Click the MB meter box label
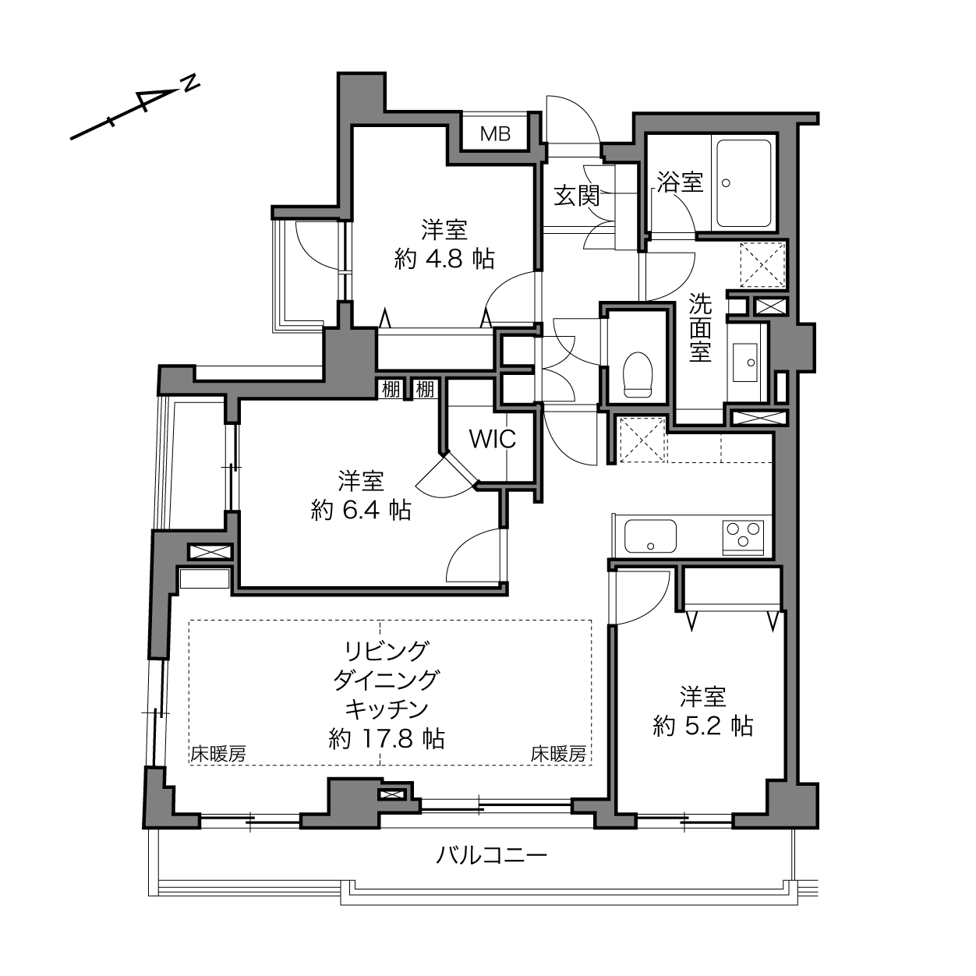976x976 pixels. (x=495, y=134)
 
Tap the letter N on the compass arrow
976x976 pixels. (x=190, y=83)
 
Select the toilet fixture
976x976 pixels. (x=637, y=375)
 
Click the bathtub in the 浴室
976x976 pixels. (x=744, y=183)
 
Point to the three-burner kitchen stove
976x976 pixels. (x=743, y=537)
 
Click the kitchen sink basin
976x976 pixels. (x=650, y=536)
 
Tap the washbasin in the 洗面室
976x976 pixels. (x=745, y=363)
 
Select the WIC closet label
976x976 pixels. (x=493, y=439)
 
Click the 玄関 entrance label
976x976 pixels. (x=576, y=196)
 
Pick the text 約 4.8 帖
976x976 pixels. (x=444, y=260)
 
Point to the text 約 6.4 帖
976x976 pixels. (x=361, y=510)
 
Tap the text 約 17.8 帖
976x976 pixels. (x=387, y=738)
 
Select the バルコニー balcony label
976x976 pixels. (x=492, y=856)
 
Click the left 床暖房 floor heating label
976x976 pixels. (x=218, y=755)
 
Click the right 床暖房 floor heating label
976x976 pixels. (x=559, y=755)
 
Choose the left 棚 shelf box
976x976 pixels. (x=391, y=390)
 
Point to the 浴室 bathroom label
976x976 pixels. (x=681, y=182)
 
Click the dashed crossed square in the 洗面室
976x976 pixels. (x=762, y=265)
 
